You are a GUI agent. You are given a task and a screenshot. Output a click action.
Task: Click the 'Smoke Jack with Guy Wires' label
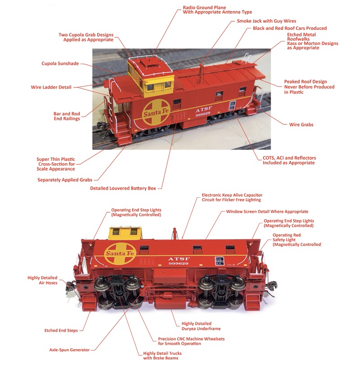coord(266,21)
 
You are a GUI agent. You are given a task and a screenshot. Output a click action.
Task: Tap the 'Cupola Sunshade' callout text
coord(60,64)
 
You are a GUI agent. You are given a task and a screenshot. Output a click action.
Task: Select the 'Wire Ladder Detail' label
coord(51,87)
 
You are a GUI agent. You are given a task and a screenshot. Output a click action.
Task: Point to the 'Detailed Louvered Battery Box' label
coord(123,188)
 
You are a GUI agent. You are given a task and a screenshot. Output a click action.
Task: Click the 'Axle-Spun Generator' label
coord(69,350)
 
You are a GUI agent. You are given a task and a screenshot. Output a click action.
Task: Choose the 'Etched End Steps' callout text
coord(61,331)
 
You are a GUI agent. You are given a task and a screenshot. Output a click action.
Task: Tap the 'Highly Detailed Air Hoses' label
coord(42,280)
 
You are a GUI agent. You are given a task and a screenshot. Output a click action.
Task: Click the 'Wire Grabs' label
coord(301,125)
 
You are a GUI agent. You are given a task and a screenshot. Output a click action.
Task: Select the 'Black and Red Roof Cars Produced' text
coord(290,28)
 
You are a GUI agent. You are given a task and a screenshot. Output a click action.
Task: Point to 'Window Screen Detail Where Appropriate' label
coord(267,211)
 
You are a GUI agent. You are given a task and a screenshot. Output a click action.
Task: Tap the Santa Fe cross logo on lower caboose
coord(120,254)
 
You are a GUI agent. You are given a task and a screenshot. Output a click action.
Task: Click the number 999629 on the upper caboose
coord(203,114)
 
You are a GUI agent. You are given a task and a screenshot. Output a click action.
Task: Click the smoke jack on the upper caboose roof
coord(201,75)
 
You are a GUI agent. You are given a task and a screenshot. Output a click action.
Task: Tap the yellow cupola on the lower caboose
coord(125,233)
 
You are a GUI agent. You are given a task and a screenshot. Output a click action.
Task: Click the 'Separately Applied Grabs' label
coord(65,180)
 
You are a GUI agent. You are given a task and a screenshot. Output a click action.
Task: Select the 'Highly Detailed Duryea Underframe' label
coord(201,326)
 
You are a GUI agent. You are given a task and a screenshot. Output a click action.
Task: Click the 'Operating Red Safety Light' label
coord(297,240)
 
